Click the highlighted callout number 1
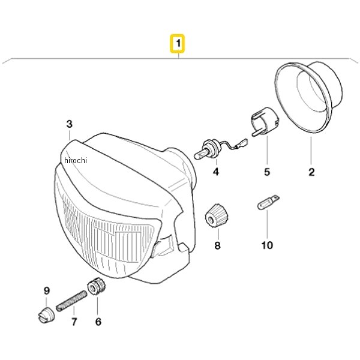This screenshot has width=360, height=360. (x=178, y=44)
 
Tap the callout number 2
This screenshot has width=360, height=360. (x=311, y=173)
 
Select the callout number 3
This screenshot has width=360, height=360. (x=69, y=124)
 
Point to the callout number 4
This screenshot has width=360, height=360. (x=215, y=173)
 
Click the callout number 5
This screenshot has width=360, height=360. (x=267, y=173)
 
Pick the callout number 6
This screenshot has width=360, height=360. (x=98, y=322)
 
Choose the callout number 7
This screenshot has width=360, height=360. (x=74, y=322)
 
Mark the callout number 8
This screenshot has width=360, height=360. (x=217, y=245)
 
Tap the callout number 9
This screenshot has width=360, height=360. (x=46, y=292)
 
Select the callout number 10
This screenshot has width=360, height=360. (x=267, y=245)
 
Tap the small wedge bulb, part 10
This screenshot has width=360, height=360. (x=267, y=201)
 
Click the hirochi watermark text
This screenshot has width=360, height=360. (x=75, y=160)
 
